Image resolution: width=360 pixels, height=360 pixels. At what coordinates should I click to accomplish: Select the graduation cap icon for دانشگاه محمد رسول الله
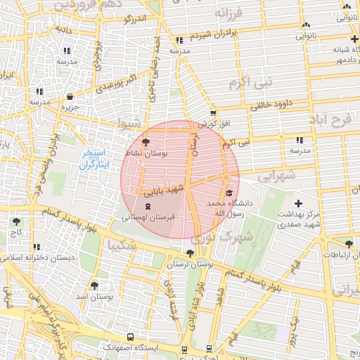pos(228,193)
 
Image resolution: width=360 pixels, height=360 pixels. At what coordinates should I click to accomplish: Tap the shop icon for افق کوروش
pos(213,112)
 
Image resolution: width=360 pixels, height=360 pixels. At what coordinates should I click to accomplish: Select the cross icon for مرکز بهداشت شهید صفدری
pos(300,203)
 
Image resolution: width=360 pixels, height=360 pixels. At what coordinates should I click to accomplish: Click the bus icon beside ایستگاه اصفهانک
pos(130,338)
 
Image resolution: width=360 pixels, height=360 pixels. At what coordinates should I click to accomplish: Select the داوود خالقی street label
pos(251,105)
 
